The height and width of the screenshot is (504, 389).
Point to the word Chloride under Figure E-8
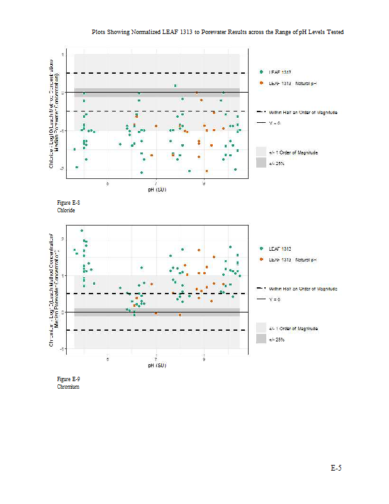tap(66, 210)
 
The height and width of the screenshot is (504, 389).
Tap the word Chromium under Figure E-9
tap(68, 387)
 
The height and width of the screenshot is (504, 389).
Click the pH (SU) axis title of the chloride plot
tap(157, 189)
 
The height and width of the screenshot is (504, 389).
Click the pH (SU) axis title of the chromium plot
tap(157, 365)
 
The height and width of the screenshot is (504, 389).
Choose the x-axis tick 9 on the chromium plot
tap(204, 359)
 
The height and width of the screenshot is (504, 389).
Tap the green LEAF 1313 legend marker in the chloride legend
tap(261, 72)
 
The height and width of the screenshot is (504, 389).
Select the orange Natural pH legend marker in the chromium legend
tap(261, 260)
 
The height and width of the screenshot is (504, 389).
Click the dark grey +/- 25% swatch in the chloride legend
tap(261, 163)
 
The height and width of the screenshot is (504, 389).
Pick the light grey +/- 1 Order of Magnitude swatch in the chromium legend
tap(261, 328)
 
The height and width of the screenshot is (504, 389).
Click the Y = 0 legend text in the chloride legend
tap(274, 123)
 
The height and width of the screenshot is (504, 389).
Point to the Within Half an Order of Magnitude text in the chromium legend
tap(303, 288)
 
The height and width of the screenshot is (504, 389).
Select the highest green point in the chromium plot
tap(82, 231)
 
